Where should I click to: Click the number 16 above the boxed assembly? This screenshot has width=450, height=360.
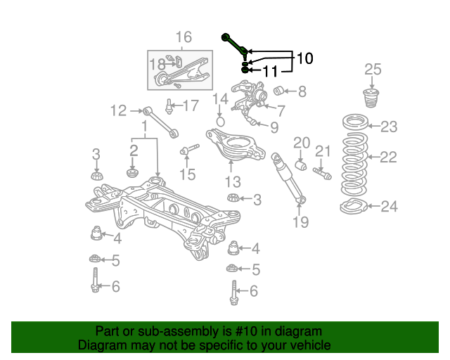coord(184,37)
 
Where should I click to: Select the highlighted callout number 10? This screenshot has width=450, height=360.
coord(304,58)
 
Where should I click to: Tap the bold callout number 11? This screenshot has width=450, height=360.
coord(270,71)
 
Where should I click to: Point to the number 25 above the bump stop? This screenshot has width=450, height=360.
coord(373,70)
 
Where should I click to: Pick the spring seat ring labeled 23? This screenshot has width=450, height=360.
coord(356,122)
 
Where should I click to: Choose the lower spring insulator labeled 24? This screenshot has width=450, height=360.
coord(354,207)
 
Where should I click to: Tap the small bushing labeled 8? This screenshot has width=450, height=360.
coord(278,91)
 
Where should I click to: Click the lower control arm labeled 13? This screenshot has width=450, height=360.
coord(236,145)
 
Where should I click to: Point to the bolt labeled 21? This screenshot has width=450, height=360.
coord(322,174)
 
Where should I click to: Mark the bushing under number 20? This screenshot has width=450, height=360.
coord(301,165)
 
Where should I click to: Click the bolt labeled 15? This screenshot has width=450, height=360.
coord(189,149)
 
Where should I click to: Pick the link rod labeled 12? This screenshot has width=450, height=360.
coord(161,122)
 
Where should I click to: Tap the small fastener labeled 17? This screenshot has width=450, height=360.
coord(169,106)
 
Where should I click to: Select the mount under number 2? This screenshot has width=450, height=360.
coord(133,173)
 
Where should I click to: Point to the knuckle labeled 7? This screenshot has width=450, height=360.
coord(249,98)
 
